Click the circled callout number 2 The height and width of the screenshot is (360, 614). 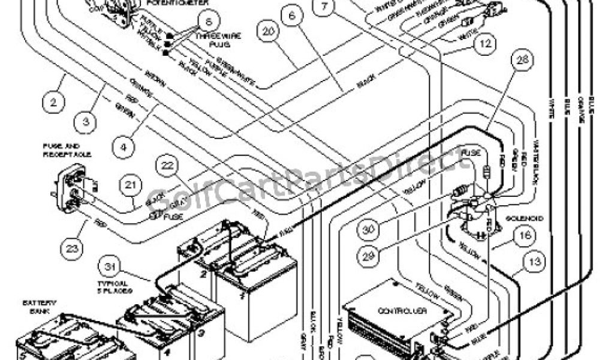point(54,103)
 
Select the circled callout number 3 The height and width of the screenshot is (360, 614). point(86,122)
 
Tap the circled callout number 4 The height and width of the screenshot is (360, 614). point(123,146)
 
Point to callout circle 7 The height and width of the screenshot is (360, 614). point(324,8)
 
